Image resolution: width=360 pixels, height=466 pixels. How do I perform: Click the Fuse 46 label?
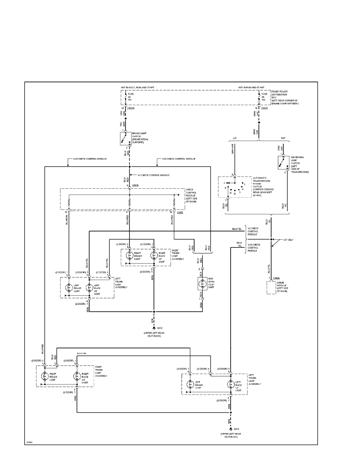(131, 97)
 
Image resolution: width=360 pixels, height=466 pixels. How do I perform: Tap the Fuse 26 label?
(265, 97)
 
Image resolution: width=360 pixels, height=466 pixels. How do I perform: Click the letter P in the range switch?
(224, 183)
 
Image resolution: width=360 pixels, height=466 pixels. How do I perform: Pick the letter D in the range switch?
(235, 194)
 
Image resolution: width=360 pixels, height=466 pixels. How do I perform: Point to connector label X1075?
(180, 213)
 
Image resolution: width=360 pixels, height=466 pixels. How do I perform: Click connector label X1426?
(276, 278)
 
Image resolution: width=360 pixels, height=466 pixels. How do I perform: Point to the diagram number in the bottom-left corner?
(29, 442)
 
